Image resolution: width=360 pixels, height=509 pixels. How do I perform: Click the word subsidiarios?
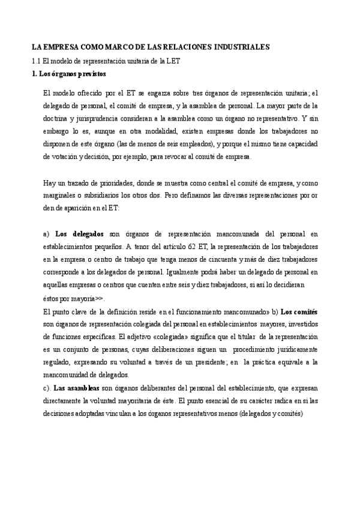(x=112, y=196)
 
